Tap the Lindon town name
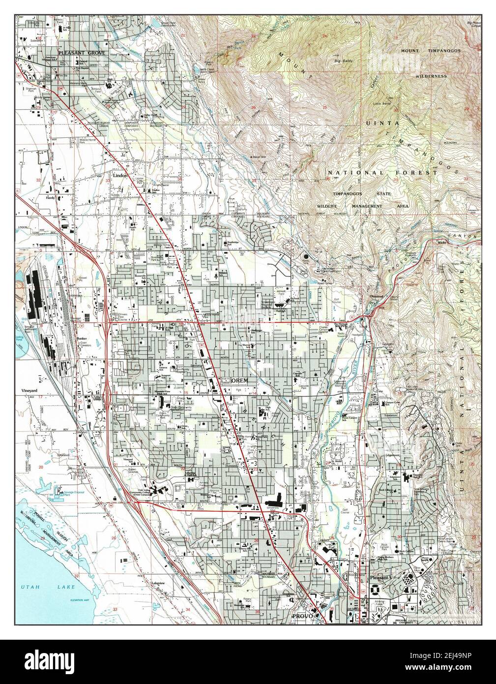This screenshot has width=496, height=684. (120, 175)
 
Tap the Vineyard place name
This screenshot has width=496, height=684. (29, 390)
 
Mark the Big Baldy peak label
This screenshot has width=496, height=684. (344, 61)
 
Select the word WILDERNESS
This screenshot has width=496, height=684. (431, 76)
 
